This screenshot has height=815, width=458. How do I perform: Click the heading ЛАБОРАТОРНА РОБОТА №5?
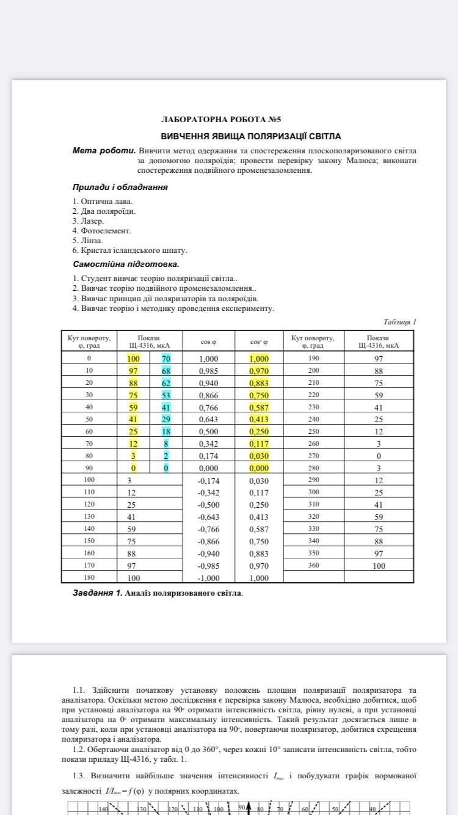(220, 120)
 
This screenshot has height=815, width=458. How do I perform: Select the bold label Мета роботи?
(104, 150)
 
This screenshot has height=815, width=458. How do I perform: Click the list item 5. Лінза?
(87, 241)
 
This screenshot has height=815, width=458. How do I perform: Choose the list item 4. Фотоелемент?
(101, 231)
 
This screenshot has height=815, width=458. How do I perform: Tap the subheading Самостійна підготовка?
(126, 265)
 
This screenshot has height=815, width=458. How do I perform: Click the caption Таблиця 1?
(399, 322)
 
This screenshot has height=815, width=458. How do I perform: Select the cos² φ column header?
(259, 342)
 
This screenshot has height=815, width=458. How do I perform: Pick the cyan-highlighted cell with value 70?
(166, 359)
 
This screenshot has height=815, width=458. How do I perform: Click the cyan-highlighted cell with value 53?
(166, 395)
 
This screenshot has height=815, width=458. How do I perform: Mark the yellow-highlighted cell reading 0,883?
(259, 383)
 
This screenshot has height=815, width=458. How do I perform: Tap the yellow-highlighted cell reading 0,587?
(259, 407)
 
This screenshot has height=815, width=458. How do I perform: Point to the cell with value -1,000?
(208, 578)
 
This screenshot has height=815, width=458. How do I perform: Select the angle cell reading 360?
(313, 565)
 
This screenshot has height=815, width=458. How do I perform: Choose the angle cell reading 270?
(313, 455)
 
